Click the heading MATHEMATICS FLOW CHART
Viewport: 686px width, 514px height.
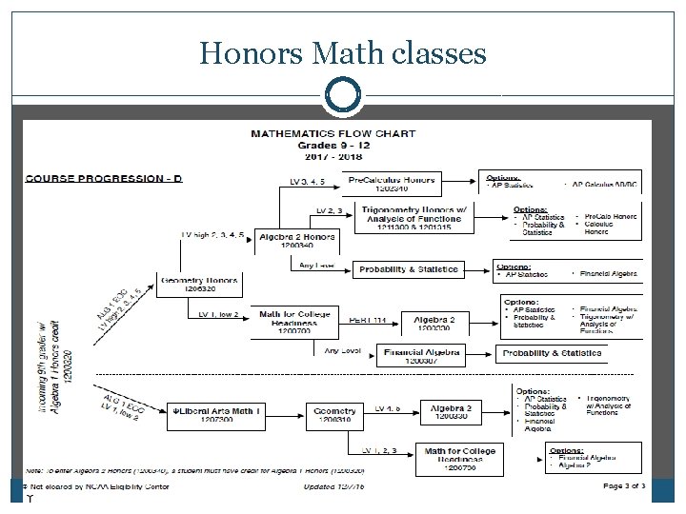point(333,134)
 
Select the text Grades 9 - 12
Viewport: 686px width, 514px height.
point(333,146)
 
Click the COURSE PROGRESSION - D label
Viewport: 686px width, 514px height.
point(104,178)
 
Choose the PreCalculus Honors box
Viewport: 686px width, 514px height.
point(393,183)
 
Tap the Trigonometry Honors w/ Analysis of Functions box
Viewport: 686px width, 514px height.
point(412,214)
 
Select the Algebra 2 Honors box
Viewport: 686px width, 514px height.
point(297,240)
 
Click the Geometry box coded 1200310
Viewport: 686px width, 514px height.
point(334,414)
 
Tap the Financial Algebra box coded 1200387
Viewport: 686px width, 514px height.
point(421,355)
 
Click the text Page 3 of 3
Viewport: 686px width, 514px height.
point(625,486)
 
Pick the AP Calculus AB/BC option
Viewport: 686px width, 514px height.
point(608,185)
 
